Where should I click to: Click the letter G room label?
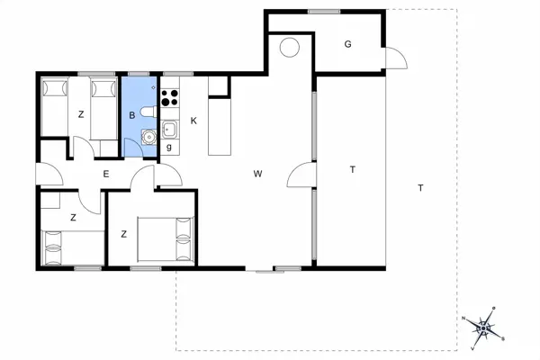[346, 45]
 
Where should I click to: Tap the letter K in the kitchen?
[193, 121]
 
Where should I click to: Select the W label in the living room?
[257, 174]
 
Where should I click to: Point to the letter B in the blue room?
[132, 115]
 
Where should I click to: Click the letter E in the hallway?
[105, 174]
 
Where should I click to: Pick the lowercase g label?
[168, 146]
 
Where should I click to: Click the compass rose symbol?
[485, 326]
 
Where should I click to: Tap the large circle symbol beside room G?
[289, 48]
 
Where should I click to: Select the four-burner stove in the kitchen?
[169, 97]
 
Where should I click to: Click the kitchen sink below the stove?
[169, 129]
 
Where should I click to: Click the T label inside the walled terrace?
[353, 169]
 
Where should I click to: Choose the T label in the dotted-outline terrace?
[420, 187]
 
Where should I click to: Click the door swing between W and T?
[301, 175]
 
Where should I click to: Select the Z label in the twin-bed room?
[81, 114]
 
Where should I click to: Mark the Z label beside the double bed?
[123, 234]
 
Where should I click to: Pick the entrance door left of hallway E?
[45, 174]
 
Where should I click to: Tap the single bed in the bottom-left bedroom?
[72, 247]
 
